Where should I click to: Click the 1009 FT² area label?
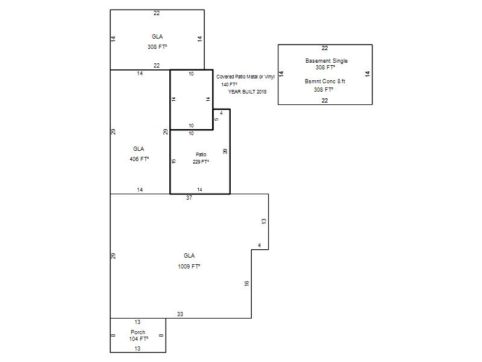tap(189, 266)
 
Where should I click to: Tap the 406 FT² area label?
tap(139, 159)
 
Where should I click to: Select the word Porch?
tap(138, 332)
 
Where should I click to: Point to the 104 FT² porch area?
tap(139, 338)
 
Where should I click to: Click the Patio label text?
tap(201, 154)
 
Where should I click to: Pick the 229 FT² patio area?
tap(201, 162)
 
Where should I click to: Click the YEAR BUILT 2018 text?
tap(248, 92)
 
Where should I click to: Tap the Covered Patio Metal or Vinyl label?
tap(245, 77)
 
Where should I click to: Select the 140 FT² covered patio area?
tap(230, 84)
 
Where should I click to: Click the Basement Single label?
tap(327, 61)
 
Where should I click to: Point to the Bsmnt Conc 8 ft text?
tap(325, 81)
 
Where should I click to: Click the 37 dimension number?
tap(189, 198)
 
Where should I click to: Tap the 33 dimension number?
tap(180, 314)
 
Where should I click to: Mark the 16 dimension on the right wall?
tap(246, 284)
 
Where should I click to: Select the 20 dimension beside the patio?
tap(225, 151)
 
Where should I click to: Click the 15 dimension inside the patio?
tap(174, 161)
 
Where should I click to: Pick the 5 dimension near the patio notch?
tap(216, 119)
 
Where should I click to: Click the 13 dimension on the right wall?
tap(264, 221)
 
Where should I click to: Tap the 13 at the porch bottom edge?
tap(137, 349)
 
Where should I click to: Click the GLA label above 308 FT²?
tap(157, 36)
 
